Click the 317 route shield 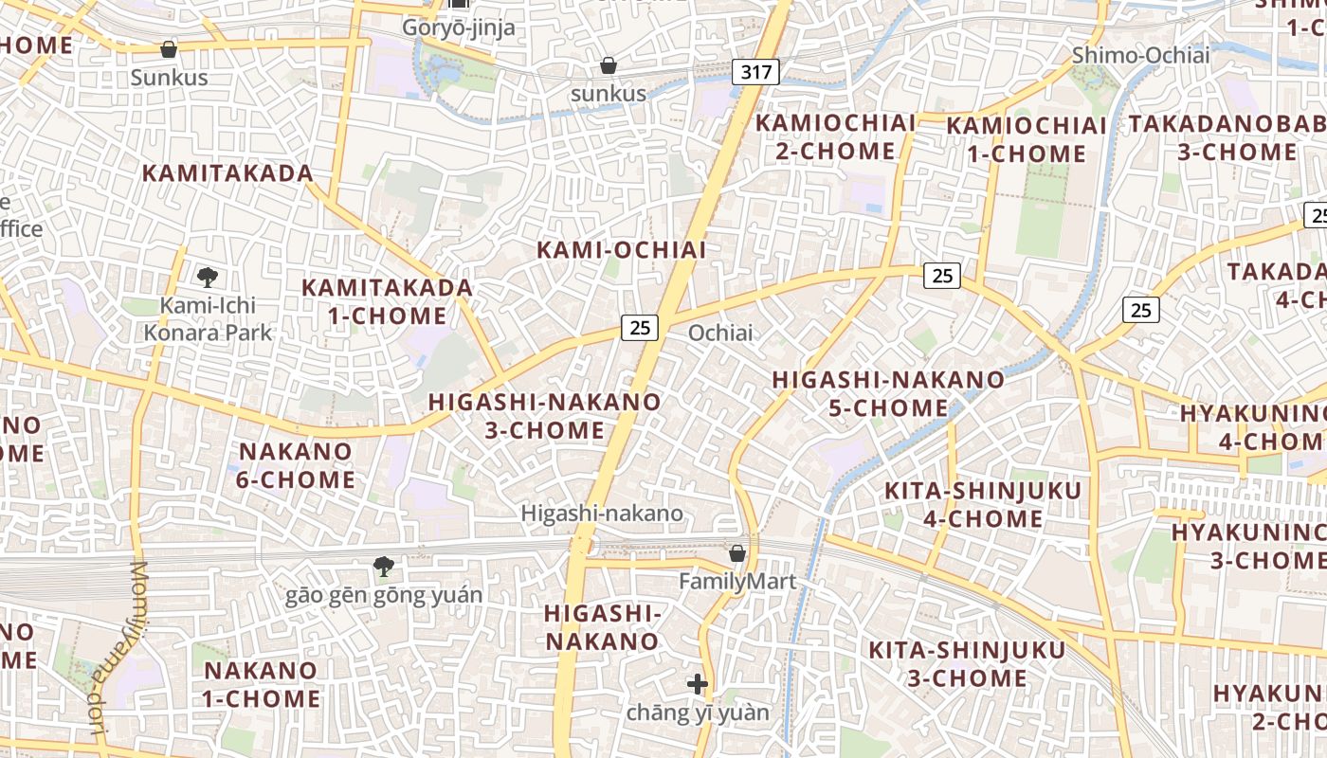click(x=755, y=71)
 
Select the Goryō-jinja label click(x=459, y=27)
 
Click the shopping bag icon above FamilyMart click(x=737, y=552)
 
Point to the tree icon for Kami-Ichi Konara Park click(x=208, y=277)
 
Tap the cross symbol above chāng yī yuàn click(x=698, y=683)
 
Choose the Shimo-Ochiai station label click(x=1140, y=55)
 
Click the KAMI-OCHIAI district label click(x=622, y=250)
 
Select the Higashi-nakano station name click(x=602, y=514)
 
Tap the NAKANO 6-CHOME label click(x=295, y=465)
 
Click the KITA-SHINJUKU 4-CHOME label click(x=982, y=504)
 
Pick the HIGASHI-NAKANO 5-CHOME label click(x=888, y=393)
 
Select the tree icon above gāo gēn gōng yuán click(x=384, y=567)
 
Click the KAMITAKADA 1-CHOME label click(x=387, y=301)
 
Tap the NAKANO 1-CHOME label click(x=262, y=684)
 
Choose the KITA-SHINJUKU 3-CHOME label click(x=967, y=664)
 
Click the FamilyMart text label click(x=737, y=581)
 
